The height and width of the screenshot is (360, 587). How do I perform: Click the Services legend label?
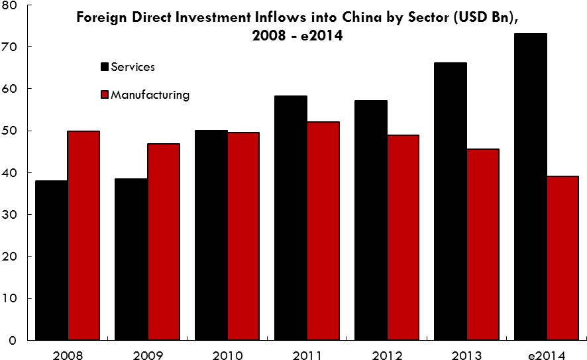pos(133,66)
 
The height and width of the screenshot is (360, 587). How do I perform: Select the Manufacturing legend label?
pos(150,95)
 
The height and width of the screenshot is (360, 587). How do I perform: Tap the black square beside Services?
pos(104,66)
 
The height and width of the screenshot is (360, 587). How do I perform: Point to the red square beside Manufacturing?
pos(104,95)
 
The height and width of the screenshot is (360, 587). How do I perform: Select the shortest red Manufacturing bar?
pos(562,258)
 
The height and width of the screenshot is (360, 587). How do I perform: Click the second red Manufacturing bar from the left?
pos(164,241)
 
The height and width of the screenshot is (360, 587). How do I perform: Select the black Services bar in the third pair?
pos(211,235)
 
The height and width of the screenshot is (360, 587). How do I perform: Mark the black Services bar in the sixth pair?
pos(451,202)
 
